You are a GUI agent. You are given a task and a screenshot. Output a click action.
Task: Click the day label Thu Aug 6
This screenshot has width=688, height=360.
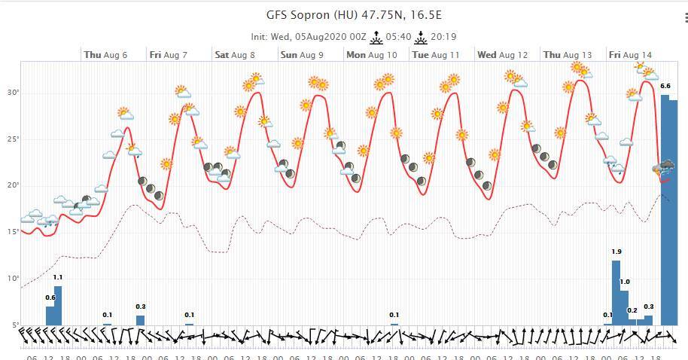click(105, 55)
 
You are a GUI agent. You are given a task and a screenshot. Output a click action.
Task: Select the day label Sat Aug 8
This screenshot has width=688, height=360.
click(235, 55)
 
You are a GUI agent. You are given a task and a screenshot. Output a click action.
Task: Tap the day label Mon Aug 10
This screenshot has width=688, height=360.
click(371, 55)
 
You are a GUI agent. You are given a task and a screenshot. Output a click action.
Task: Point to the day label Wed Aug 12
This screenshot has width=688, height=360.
click(502, 55)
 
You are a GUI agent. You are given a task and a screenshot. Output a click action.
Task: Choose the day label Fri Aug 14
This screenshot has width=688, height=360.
click(631, 55)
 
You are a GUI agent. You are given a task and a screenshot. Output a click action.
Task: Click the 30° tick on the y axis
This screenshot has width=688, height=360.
click(13, 93)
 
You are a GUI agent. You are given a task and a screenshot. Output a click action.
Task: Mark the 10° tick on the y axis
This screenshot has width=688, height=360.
click(13, 279)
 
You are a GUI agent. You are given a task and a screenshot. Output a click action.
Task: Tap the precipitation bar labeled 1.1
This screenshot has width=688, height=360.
click(58, 306)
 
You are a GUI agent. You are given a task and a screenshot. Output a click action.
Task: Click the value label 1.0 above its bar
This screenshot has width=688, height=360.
click(624, 282)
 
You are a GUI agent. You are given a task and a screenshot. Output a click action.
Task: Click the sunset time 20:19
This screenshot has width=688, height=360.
click(444, 36)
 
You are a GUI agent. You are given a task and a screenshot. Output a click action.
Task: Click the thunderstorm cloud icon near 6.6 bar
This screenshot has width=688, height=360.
click(664, 166)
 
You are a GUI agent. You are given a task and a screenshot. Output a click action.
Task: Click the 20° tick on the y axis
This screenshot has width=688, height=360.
click(13, 185)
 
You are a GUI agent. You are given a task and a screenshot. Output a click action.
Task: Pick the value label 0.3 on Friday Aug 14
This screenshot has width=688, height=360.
click(648, 307)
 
